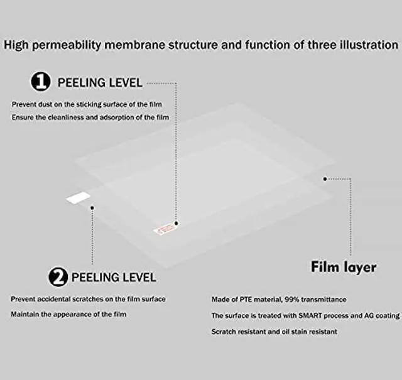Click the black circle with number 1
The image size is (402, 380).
tap(41, 82)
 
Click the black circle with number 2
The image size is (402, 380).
tap(58, 276)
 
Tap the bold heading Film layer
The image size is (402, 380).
tap(344, 266)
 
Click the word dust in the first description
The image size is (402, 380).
tap(49, 104)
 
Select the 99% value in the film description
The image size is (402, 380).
tap(295, 300)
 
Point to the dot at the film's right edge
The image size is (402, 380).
tap(325, 178)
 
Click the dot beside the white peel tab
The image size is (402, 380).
tap(92, 207)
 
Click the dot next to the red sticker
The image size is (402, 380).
tap(177, 223)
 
